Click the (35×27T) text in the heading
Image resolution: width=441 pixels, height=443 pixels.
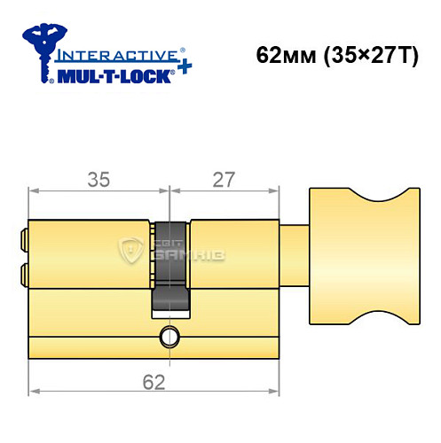click(x=364, y=55)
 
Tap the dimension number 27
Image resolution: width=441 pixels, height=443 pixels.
click(x=223, y=179)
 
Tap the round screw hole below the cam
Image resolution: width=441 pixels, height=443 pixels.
click(x=169, y=337)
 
